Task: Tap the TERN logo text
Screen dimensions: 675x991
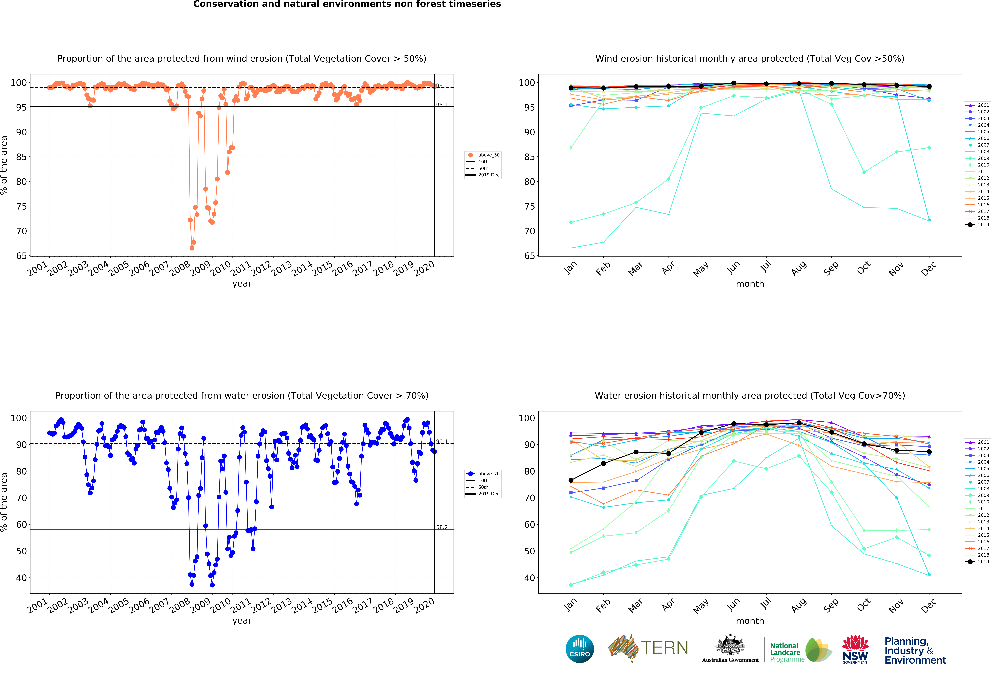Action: (664, 648)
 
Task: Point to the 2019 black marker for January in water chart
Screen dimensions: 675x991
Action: (571, 480)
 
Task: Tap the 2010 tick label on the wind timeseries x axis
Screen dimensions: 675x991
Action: (221, 268)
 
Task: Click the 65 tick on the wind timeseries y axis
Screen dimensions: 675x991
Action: (21, 256)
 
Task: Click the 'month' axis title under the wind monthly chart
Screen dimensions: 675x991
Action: (750, 284)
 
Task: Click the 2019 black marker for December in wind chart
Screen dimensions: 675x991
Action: (929, 87)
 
